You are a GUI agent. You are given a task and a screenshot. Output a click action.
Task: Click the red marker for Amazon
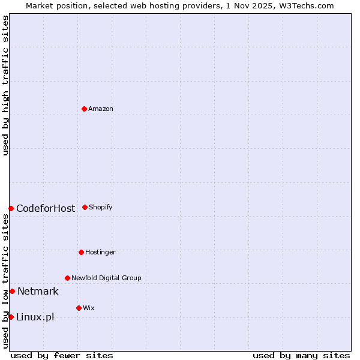point(84,109)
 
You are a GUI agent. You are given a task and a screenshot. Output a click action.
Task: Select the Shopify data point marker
point(85,207)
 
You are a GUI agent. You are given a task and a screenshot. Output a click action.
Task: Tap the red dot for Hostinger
point(81,252)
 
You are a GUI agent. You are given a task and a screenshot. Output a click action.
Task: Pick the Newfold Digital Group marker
point(67,278)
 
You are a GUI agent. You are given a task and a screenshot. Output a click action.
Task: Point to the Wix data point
point(79,308)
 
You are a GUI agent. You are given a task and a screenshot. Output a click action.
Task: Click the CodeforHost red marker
point(11,208)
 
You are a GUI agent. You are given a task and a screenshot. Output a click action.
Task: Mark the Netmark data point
point(12,291)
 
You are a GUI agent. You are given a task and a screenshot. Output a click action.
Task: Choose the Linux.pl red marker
point(11,317)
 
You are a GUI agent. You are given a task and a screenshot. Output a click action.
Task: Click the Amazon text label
point(101,109)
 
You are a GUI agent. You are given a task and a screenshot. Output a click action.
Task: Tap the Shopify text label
point(101,208)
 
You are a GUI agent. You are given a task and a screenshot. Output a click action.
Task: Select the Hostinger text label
point(100,253)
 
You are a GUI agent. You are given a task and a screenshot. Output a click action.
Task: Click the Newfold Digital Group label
point(106,278)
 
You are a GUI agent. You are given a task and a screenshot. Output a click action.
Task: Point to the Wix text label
point(89,308)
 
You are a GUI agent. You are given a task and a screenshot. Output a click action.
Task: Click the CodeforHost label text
point(46,209)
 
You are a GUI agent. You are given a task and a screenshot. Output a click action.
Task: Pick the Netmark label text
point(38,292)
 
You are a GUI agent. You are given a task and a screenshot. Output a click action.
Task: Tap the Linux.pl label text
point(35,317)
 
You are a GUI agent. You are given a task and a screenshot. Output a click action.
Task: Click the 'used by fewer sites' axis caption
point(62,355)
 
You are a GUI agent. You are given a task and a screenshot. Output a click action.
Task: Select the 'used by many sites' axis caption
point(301,355)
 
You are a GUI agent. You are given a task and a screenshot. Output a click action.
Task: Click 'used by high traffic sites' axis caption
point(5,85)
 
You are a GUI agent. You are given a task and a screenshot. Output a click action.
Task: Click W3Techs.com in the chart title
point(305,5)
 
